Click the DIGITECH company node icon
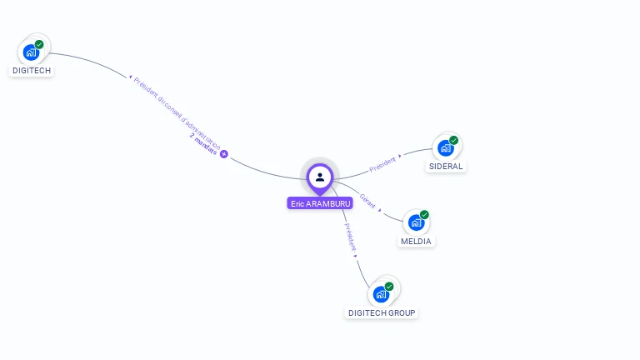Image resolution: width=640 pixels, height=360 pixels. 31,52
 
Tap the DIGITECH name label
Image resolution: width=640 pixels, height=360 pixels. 32,71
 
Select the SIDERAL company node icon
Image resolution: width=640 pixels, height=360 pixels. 445,148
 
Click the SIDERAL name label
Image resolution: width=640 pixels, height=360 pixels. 446,167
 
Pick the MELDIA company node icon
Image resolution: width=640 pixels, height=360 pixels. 415,223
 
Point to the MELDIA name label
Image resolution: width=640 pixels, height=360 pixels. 417,242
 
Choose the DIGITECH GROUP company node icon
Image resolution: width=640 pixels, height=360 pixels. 381,294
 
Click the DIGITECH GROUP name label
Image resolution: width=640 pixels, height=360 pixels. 382,313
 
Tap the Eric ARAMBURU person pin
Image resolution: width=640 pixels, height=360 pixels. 320,177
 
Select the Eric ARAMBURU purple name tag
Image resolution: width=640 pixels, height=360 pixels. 320,203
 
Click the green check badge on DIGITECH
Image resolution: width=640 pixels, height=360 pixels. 39,44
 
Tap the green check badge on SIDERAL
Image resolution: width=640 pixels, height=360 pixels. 453,140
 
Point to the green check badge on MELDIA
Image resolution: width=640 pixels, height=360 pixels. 424,215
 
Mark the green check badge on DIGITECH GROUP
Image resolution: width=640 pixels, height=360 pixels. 389,286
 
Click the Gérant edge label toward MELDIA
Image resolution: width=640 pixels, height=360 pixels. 367,201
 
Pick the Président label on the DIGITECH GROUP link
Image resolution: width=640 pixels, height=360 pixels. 350,237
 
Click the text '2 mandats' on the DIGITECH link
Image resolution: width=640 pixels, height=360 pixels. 203,146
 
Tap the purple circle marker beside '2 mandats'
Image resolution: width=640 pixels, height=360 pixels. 223,153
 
